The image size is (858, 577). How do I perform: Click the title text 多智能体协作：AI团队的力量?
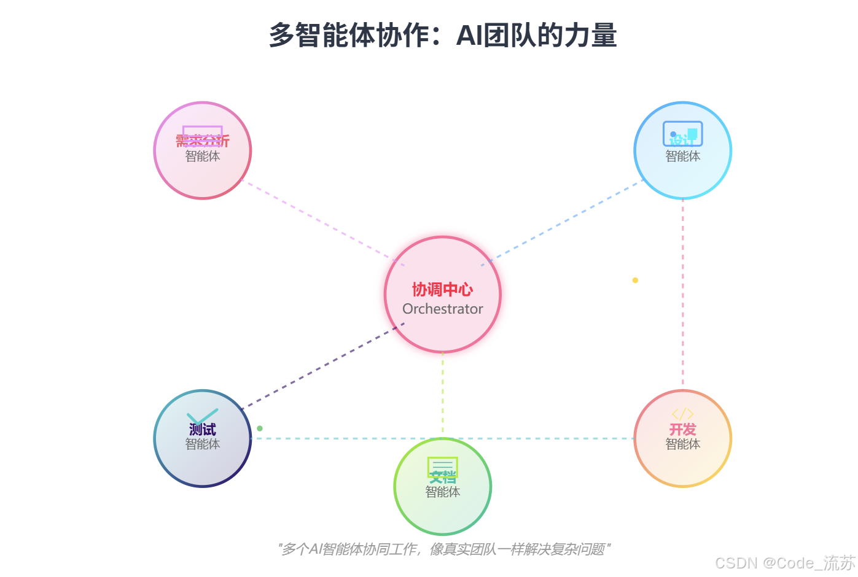pos(442,36)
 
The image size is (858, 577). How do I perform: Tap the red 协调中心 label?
pos(442,289)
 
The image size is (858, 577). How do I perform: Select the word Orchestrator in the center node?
pos(442,309)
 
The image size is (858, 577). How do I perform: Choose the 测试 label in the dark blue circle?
pos(202,429)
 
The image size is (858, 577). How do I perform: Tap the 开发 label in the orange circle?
pos(682,429)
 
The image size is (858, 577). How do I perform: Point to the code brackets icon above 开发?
pos(682,414)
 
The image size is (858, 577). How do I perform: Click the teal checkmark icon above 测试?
pos(202,416)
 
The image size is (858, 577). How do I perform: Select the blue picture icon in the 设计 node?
pos(682,133)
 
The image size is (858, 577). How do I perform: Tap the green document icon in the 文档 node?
pos(442,466)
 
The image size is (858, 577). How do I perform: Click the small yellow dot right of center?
pos(635,280)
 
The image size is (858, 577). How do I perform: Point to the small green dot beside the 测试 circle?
pos(260,428)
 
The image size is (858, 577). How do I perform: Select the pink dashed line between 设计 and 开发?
pos(682,295)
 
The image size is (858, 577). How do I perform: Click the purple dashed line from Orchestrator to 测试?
pos(322,366)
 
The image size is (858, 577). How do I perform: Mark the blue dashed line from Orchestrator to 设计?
pos(562,223)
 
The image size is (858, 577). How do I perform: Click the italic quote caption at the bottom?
pos(443,549)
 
